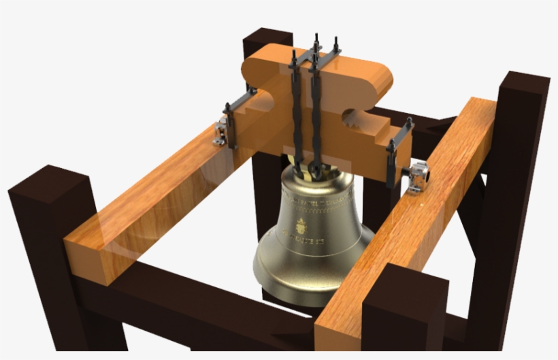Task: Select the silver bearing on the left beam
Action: coord(220,131)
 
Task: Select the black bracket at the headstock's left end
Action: coord(235,116)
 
